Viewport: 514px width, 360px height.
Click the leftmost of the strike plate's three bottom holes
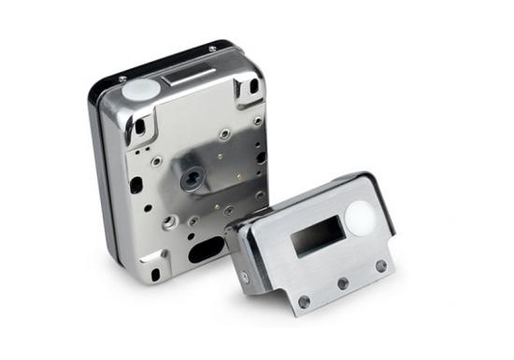[x=305, y=300]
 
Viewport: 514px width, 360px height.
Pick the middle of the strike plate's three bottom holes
[x=343, y=282]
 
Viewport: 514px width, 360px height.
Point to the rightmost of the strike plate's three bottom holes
[x=380, y=266]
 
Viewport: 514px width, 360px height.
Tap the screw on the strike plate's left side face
[x=245, y=277]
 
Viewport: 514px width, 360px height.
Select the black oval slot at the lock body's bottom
[x=206, y=249]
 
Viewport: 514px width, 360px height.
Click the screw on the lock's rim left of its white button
[x=122, y=79]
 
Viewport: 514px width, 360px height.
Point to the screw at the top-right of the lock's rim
[x=212, y=48]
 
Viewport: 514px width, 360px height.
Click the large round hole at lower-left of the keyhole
[x=168, y=223]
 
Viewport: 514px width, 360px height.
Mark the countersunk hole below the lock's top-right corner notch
[x=257, y=121]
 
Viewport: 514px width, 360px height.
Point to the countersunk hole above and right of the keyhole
[x=224, y=135]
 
